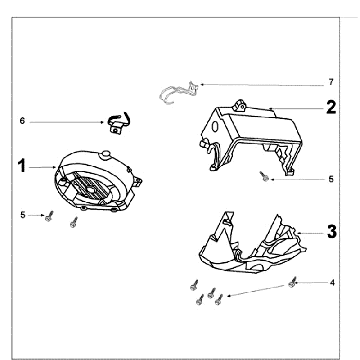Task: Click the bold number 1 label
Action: click(x=22, y=166)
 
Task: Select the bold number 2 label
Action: click(x=331, y=107)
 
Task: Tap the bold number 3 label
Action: click(x=332, y=232)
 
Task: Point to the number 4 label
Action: click(x=332, y=283)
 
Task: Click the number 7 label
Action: click(x=331, y=82)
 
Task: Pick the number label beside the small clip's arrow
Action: click(x=22, y=121)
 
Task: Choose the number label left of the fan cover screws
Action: click(x=23, y=215)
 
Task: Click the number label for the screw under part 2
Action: click(x=331, y=179)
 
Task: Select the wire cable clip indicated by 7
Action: click(x=179, y=92)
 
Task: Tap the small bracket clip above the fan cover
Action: click(x=118, y=123)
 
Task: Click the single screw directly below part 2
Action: click(x=265, y=176)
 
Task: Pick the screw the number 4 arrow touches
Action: click(x=292, y=283)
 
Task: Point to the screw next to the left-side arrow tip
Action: click(x=49, y=217)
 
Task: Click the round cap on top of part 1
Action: click(x=106, y=154)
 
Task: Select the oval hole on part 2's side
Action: click(x=215, y=127)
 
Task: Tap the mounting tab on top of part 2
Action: click(x=240, y=105)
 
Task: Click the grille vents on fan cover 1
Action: click(x=91, y=188)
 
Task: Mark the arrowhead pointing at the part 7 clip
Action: click(x=201, y=85)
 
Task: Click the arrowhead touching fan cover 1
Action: click(x=56, y=167)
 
